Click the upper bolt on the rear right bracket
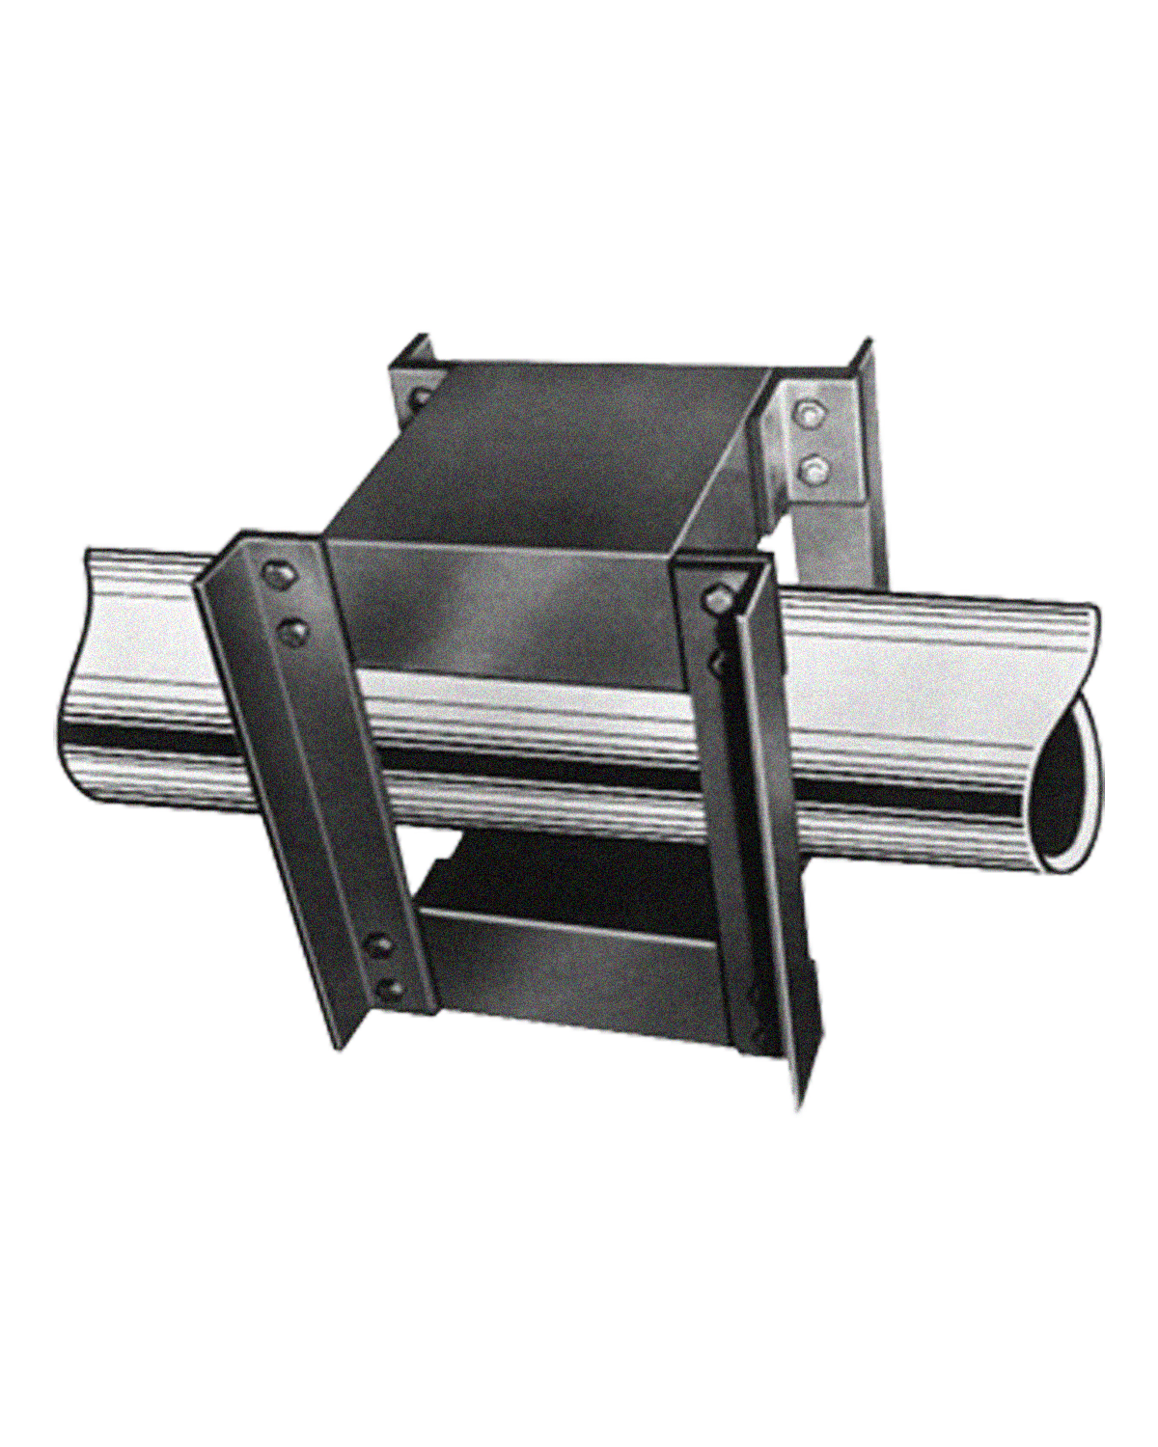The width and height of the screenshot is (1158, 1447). [809, 417]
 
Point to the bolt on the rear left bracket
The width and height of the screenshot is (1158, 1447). [421, 396]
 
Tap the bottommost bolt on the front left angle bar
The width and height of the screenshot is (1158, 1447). [390, 988]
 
